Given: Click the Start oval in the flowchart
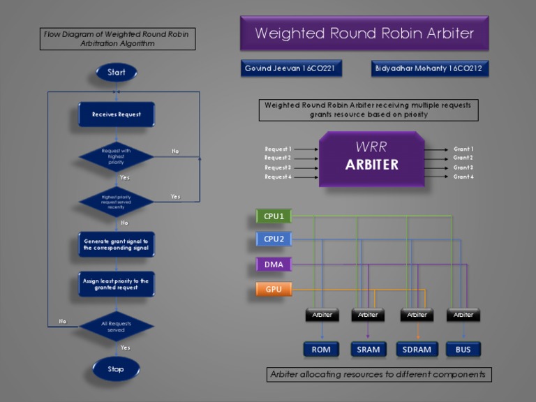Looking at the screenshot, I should pos(117,73).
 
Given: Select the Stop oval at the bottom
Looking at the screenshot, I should pos(116,369).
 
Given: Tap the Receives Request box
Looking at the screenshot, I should pos(116,114).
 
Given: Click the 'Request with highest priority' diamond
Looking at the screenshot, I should pos(116,157).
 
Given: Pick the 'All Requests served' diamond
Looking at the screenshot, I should pos(116,326).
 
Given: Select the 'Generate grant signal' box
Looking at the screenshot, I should pos(116,244).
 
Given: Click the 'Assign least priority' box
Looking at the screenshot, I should pos(116,284).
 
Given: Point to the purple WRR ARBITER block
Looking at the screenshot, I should pos(371,158).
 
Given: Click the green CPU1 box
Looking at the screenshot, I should pos(274,216).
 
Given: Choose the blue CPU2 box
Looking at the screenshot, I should pos(274,239).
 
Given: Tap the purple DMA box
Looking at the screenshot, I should pos(274,265).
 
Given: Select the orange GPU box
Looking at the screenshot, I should pos(274,289).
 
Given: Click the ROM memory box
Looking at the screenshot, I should pos(321,349).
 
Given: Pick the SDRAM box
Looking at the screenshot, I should pos(417,349).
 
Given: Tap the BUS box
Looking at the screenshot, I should pos(463,349).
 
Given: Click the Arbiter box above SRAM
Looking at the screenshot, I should pos(368,315).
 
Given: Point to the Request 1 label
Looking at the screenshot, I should pos(278,149).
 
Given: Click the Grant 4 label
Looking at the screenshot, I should pos(463,177).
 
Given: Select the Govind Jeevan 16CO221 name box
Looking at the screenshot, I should pos(293,68).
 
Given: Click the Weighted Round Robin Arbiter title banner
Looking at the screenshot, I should pos(364,33).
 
